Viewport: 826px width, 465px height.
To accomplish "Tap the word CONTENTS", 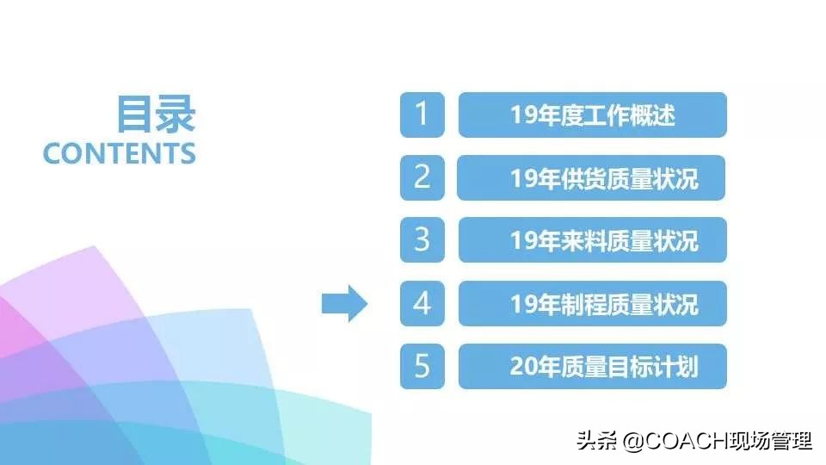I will point(120,153).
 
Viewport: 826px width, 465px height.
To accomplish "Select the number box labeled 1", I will point(422,115).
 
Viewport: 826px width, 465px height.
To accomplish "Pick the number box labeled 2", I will point(422,177).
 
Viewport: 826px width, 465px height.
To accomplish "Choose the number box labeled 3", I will point(422,240).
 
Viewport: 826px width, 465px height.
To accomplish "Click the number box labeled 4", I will point(422,303).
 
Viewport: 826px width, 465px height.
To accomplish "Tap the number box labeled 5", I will point(422,366).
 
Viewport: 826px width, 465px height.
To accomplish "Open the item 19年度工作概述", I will point(592,115).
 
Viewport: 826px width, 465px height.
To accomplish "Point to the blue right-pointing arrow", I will point(344,303).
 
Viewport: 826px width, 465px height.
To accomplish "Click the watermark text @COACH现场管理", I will point(718,442).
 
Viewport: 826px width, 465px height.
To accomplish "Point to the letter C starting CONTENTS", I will point(52,153).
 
